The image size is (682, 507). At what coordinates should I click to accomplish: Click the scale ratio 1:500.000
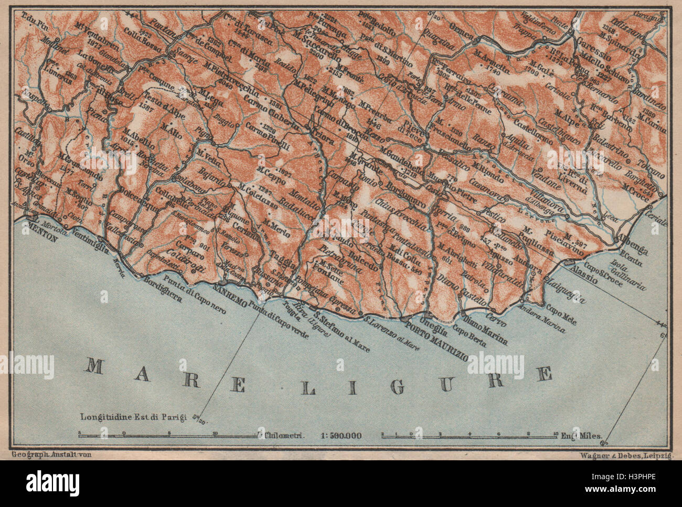[341, 436]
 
